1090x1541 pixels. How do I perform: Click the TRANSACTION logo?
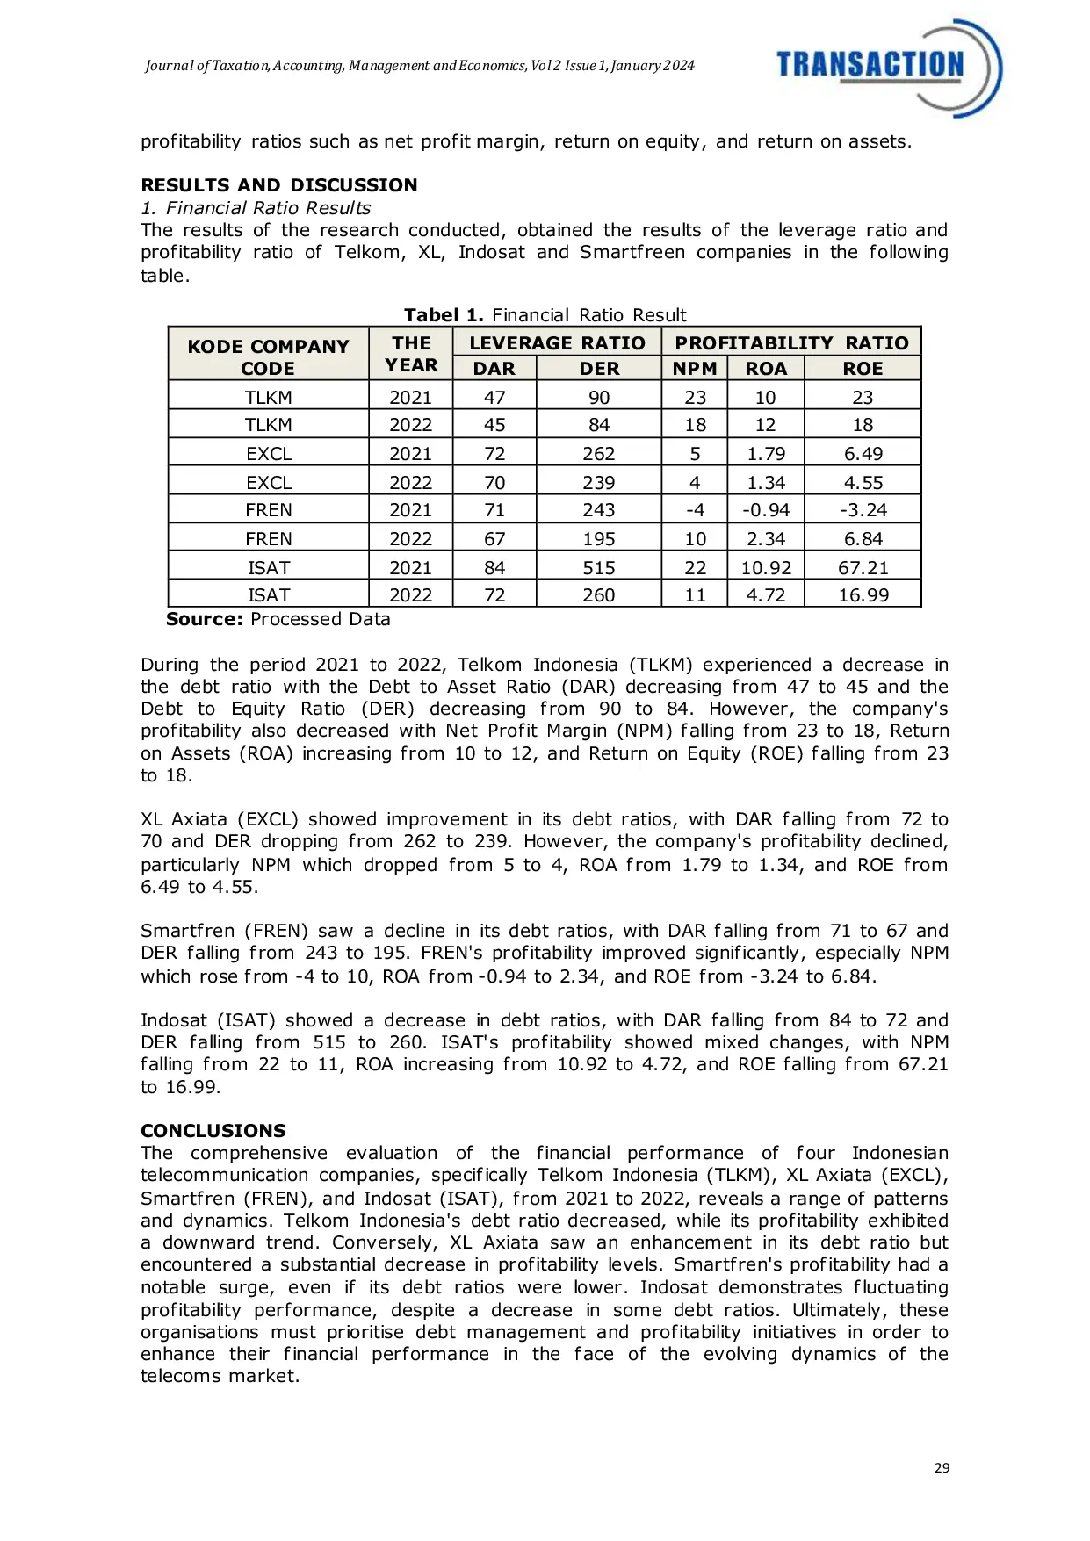pyautogui.click(x=887, y=68)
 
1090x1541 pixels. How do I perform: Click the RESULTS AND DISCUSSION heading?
pyautogui.click(x=278, y=185)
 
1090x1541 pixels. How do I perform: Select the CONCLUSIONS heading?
pyautogui.click(x=213, y=1131)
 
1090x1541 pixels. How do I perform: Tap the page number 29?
pyautogui.click(x=942, y=1468)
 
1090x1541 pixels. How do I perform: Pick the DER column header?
pyautogui.click(x=599, y=369)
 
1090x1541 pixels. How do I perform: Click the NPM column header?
pyautogui.click(x=695, y=369)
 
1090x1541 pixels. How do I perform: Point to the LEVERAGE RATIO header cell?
pyautogui.click(x=557, y=343)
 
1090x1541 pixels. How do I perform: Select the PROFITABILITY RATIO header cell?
pyautogui.click(x=791, y=343)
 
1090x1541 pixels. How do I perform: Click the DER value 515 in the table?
pyautogui.click(x=599, y=568)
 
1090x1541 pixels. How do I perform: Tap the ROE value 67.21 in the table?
pyautogui.click(x=863, y=568)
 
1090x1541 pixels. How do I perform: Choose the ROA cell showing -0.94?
pyautogui.click(x=766, y=510)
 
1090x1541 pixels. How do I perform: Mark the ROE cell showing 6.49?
pyautogui.click(x=863, y=454)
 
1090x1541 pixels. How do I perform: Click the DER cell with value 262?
pyautogui.click(x=599, y=454)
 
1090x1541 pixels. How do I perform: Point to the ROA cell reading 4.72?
pyautogui.click(x=766, y=595)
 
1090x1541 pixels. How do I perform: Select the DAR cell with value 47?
pyautogui.click(x=494, y=398)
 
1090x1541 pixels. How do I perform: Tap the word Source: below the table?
pyautogui.click(x=204, y=619)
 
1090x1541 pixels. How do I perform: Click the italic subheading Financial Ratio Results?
pyautogui.click(x=267, y=208)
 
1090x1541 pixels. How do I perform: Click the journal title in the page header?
pyautogui.click(x=420, y=66)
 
